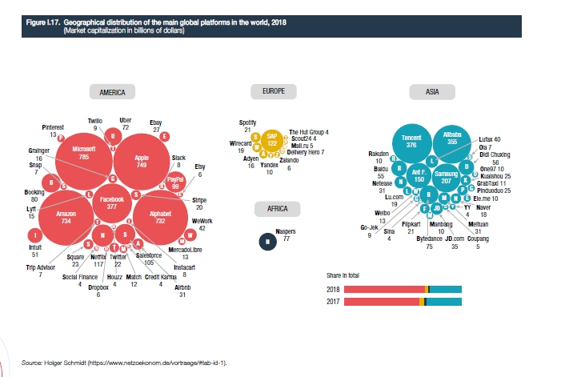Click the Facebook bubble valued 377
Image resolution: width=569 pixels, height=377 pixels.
click(x=111, y=202)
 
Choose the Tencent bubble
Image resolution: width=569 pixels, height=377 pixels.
click(x=411, y=142)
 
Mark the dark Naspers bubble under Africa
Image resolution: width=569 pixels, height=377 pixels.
click(x=266, y=240)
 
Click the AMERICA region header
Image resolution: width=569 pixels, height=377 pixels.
click(x=112, y=93)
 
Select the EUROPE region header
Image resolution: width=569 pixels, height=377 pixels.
click(x=274, y=93)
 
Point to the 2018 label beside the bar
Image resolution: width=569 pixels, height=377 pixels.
click(x=335, y=288)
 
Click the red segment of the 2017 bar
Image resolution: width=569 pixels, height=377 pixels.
click(x=381, y=301)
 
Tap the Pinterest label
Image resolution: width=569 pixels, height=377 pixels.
click(x=54, y=127)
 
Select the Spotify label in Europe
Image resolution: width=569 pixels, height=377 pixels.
click(x=247, y=122)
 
